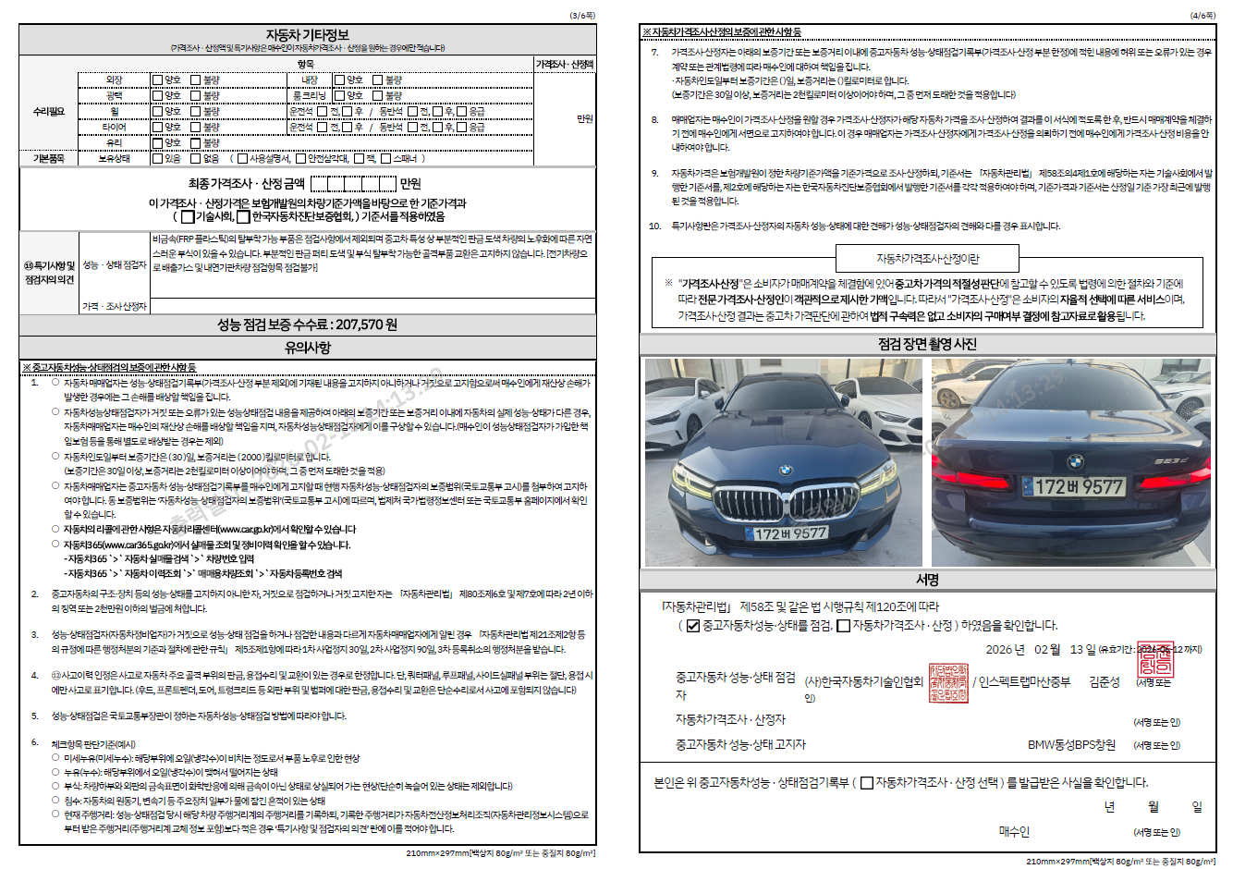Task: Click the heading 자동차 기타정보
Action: (307, 35)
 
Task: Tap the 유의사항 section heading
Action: (307, 348)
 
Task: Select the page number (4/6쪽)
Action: (1202, 16)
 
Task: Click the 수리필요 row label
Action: (49, 112)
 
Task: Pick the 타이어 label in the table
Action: (115, 127)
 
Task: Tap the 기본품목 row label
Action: (49, 159)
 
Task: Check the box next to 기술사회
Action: (188, 217)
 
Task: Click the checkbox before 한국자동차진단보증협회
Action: (243, 217)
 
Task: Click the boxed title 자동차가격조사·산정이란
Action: (927, 259)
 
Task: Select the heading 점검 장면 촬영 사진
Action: (927, 344)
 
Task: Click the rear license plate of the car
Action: (1078, 486)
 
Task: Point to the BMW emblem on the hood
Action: (784, 470)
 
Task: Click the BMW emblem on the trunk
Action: (1075, 460)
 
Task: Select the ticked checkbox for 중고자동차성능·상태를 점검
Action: (693, 626)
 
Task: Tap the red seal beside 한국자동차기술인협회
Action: (948, 682)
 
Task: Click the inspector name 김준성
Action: (1105, 682)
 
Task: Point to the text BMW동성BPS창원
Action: (1071, 744)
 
